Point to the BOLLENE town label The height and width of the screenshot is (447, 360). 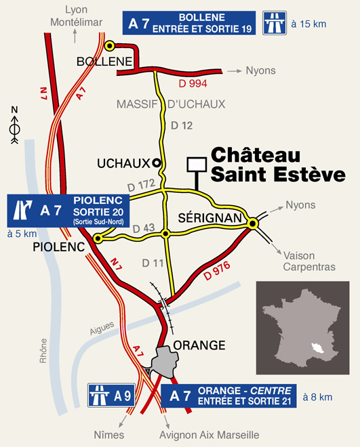tap(104, 62)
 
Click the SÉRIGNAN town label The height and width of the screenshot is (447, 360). tap(210, 217)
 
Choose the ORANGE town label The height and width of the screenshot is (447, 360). tap(199, 345)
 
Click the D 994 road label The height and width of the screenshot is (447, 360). tap(193, 83)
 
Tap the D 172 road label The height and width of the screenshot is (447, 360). tap(141, 184)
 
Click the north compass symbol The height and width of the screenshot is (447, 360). tap(15, 125)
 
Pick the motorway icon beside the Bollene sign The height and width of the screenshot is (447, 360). tap(273, 23)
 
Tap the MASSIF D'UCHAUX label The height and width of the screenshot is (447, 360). tap(170, 104)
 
